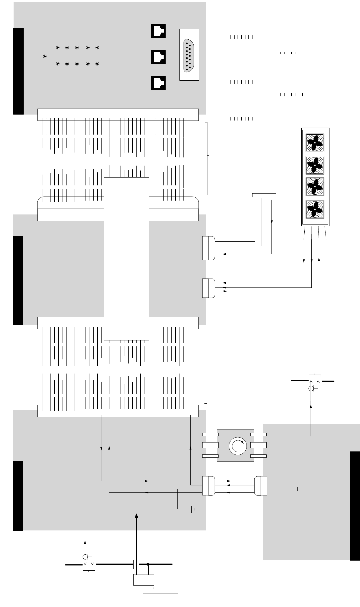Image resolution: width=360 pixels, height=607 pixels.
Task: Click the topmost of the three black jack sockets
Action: pyautogui.click(x=158, y=31)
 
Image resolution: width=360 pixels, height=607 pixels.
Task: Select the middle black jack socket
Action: pyautogui.click(x=158, y=57)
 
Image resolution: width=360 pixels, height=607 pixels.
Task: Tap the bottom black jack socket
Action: pyautogui.click(x=158, y=83)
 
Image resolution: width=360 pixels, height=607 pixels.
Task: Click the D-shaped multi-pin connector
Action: pyautogui.click(x=189, y=56)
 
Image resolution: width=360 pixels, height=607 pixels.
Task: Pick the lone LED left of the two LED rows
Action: pyautogui.click(x=45, y=56)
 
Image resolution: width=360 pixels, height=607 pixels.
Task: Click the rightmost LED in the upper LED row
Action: pyautogui.click(x=97, y=48)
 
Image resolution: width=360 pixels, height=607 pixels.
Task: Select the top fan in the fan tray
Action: pyautogui.click(x=315, y=143)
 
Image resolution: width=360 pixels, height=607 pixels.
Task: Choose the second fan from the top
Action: pyautogui.click(x=315, y=165)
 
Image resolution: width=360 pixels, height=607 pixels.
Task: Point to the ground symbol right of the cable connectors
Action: pyautogui.click(x=297, y=489)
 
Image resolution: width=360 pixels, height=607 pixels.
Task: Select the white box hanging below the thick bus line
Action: pyautogui.click(x=144, y=580)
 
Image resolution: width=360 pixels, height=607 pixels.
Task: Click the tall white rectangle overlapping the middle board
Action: pyautogui.click(x=127, y=258)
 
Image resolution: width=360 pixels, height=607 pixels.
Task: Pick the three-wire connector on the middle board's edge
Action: pyautogui.click(x=209, y=248)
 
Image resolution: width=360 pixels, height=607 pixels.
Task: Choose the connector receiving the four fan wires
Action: pyautogui.click(x=209, y=288)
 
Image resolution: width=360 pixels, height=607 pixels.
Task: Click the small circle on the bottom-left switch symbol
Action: pyautogui.click(x=85, y=557)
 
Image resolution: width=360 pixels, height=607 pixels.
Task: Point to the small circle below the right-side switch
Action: pyautogui.click(x=311, y=389)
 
